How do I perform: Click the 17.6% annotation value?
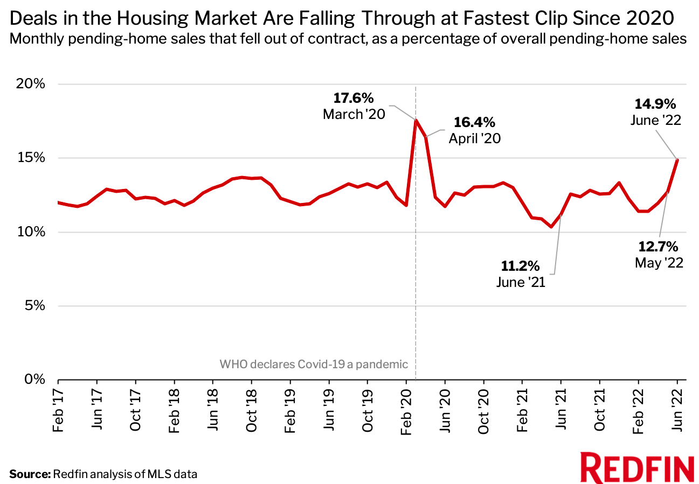tap(353, 98)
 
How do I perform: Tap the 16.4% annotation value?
tap(474, 122)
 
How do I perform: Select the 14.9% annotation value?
tap(656, 103)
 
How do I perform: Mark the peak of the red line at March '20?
tap(416, 120)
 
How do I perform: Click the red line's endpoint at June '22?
tap(677, 159)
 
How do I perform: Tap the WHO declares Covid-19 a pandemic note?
tap(314, 364)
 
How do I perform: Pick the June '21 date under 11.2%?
tap(521, 282)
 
